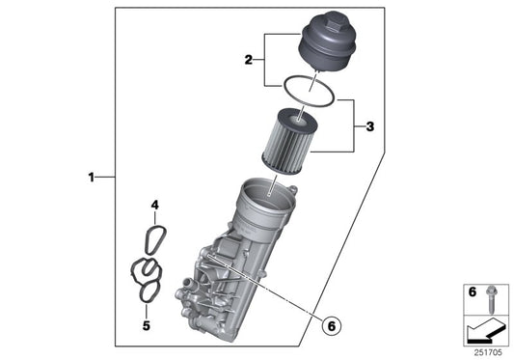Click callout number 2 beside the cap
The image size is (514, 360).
click(248, 60)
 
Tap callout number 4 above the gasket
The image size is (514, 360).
click(153, 205)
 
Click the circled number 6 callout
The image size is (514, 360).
click(330, 325)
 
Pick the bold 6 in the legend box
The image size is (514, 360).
click(472, 291)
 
